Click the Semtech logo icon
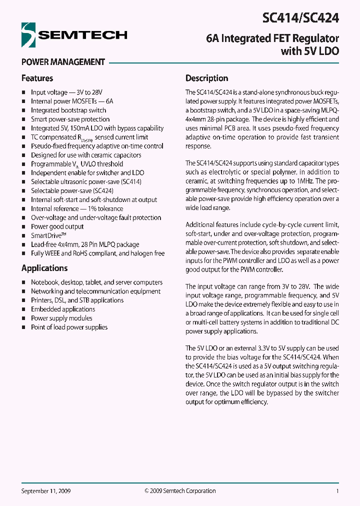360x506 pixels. click(29, 34)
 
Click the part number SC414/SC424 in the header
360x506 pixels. click(300, 18)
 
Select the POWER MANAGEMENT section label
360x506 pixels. click(63, 62)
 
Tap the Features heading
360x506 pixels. click(37, 78)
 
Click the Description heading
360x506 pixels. click(206, 78)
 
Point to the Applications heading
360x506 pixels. click(44, 268)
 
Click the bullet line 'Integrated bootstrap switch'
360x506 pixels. click(68, 110)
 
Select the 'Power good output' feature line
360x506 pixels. click(57, 226)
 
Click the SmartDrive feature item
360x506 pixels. click(49, 235)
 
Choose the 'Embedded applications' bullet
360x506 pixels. click(63, 309)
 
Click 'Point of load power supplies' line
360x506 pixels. click(69, 327)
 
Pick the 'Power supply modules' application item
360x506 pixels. click(61, 318)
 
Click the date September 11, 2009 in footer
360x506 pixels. click(46, 491)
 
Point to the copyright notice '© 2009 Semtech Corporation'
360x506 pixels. click(180, 491)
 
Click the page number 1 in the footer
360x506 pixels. click(337, 491)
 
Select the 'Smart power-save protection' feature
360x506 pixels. click(70, 119)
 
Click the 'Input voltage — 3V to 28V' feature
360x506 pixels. click(66, 92)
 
